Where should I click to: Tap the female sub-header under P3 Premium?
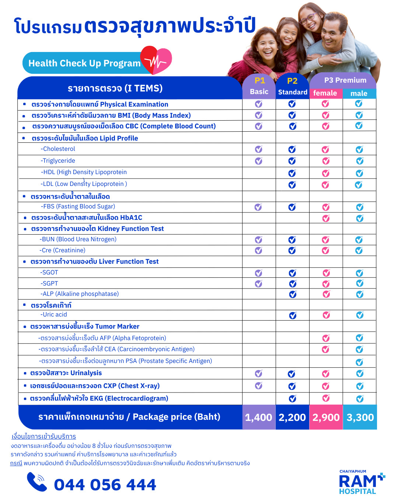pyautogui.click(x=325, y=93)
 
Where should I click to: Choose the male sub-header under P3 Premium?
pyautogui.click(x=359, y=93)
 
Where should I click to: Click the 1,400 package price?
pyautogui.click(x=259, y=417)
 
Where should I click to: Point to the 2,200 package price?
pyautogui.click(x=292, y=417)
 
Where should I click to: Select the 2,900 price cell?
pyautogui.click(x=326, y=417)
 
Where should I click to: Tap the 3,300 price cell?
pyautogui.click(x=360, y=417)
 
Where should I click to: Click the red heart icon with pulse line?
pyautogui.click(x=156, y=60)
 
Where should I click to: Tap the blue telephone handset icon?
pyautogui.click(x=37, y=482)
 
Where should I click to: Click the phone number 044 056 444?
pyautogui.click(x=105, y=485)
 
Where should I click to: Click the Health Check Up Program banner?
pyautogui.click(x=84, y=63)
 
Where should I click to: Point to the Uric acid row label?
pyautogui.click(x=54, y=315)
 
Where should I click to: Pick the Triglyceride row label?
pyautogui.click(x=58, y=161)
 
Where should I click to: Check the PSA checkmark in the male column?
pyautogui.click(x=359, y=362)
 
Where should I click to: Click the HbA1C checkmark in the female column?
pyautogui.click(x=326, y=218)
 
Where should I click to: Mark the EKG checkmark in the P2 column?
pyautogui.click(x=292, y=398)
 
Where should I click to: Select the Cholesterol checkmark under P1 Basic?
pyautogui.click(x=259, y=149)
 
